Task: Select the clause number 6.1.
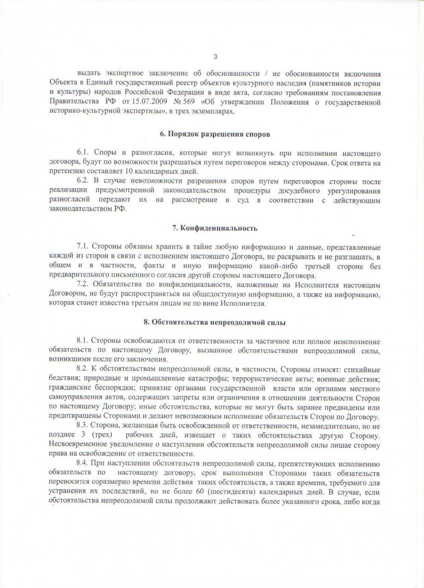(x=83, y=150)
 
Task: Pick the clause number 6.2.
(x=83, y=180)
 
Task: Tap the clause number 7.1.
(x=83, y=247)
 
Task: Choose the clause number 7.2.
(x=83, y=285)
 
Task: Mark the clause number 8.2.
(x=83, y=369)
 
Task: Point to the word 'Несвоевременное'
(x=80, y=445)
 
